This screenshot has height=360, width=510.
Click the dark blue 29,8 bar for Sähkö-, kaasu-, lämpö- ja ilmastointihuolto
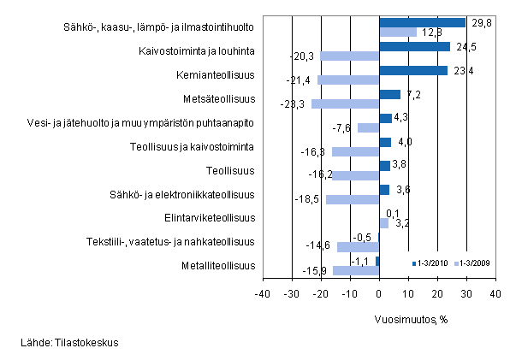click(x=422, y=23)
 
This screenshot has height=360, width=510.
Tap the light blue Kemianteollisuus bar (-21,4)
click(x=348, y=80)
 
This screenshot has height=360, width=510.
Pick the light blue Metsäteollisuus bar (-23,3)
click(x=345, y=104)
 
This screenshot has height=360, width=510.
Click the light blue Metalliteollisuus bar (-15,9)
click(x=356, y=271)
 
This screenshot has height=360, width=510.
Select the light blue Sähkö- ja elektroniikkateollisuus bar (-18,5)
click(x=353, y=199)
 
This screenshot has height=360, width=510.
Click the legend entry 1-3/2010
click(x=431, y=263)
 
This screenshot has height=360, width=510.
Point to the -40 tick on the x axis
click(x=263, y=293)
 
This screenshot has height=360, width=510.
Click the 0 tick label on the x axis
click(x=379, y=293)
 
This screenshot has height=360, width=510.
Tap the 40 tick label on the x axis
click(x=495, y=293)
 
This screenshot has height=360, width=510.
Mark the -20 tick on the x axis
click(x=321, y=293)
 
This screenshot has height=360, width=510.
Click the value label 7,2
click(x=411, y=94)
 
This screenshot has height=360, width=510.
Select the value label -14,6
click(x=323, y=247)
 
